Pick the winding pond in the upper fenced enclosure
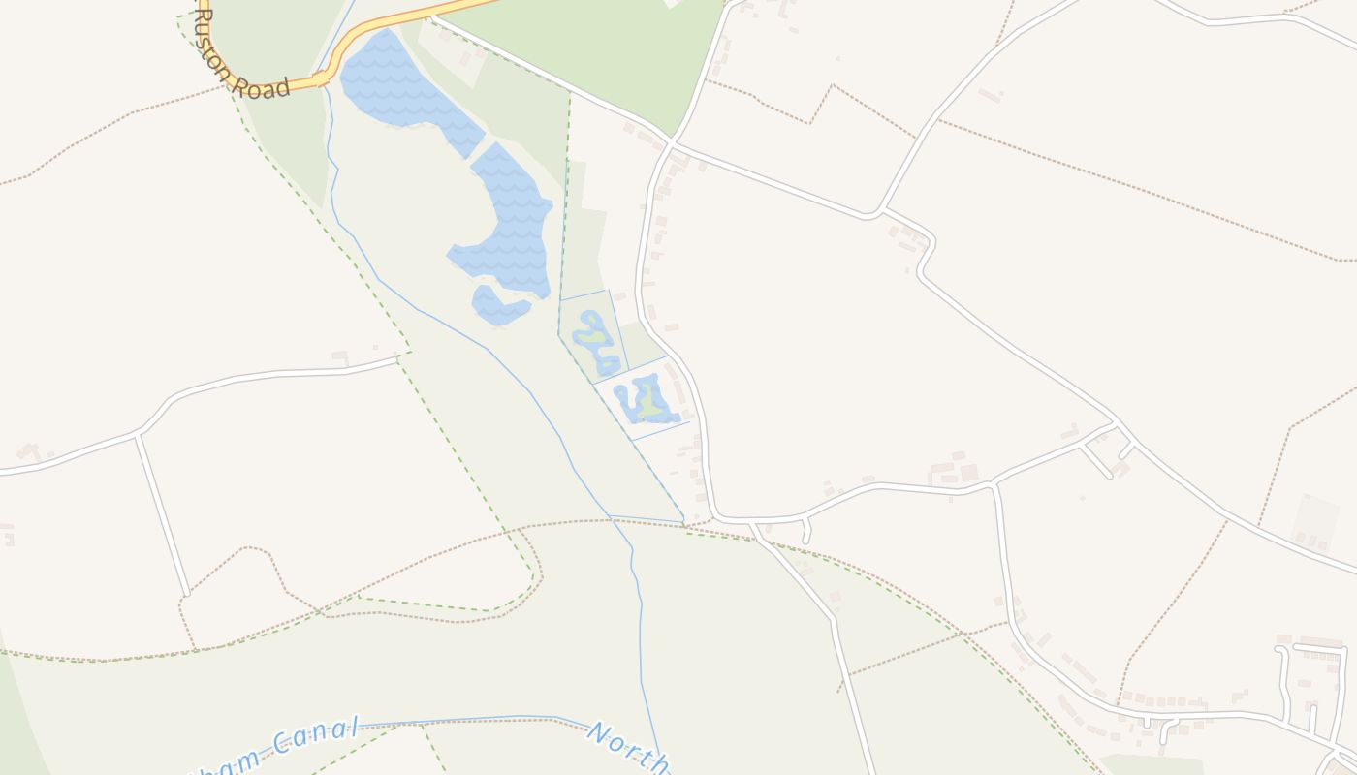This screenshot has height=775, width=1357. click(595, 342)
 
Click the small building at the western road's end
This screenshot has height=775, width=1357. click(339, 356)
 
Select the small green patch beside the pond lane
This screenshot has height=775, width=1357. click(640, 344)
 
